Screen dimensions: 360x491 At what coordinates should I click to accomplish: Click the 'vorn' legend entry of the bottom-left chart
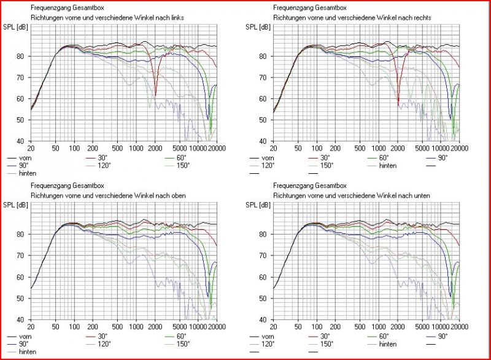point(25,337)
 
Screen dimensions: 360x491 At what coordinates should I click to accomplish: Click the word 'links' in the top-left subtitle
point(176,18)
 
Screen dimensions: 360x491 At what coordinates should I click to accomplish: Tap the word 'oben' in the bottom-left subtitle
point(177,195)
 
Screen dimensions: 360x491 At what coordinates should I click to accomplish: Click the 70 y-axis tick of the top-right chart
point(263,77)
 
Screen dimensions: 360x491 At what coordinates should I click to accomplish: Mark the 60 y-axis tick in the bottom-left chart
point(21,277)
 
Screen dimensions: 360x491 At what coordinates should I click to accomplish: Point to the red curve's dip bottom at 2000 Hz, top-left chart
point(155,95)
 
